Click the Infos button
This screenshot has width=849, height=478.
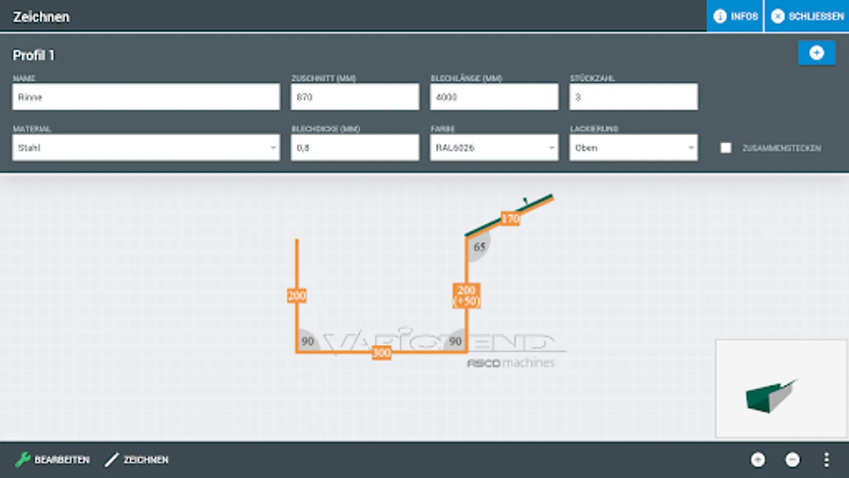click(735, 16)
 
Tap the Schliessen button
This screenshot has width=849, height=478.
click(807, 16)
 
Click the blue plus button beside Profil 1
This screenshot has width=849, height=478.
click(816, 53)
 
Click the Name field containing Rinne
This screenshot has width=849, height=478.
click(146, 97)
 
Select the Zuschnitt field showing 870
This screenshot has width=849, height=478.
click(354, 97)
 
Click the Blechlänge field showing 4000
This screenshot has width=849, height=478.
click(494, 97)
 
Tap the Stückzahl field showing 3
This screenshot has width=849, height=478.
click(633, 97)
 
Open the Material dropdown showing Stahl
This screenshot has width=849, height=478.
click(146, 148)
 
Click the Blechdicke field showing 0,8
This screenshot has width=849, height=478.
click(354, 148)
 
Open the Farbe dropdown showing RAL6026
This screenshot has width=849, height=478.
click(494, 148)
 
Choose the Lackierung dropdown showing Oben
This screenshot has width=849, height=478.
click(633, 148)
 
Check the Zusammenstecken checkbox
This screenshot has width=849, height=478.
click(726, 148)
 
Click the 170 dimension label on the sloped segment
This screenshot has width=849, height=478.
click(510, 218)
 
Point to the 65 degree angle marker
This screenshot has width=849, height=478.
click(479, 247)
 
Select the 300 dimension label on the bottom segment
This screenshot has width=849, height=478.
click(382, 353)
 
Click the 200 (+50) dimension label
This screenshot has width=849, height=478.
click(466, 296)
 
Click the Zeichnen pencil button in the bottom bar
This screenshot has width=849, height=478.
click(136, 459)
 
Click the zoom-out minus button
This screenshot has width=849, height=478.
click(792, 459)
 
